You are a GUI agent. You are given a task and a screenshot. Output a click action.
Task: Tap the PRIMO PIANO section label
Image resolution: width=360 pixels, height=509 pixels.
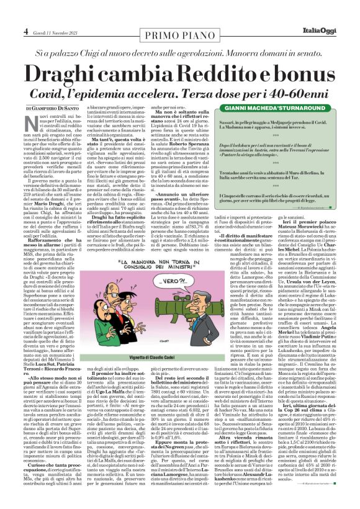pyautogui.click(x=179, y=30)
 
